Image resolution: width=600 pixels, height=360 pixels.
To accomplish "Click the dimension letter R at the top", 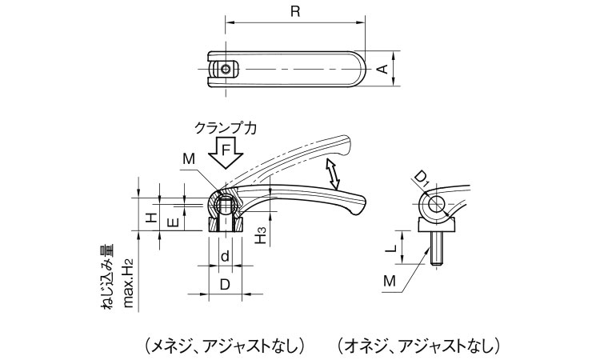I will (295, 11).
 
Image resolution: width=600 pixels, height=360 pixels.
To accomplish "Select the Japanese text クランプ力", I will (226, 127).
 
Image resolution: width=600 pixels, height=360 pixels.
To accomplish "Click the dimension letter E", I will (172, 222).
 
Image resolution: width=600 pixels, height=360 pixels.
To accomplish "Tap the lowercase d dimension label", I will (226, 257).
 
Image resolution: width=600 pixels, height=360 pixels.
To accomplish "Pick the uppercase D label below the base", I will (226, 284).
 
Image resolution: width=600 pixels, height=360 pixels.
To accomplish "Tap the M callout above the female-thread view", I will (188, 159).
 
